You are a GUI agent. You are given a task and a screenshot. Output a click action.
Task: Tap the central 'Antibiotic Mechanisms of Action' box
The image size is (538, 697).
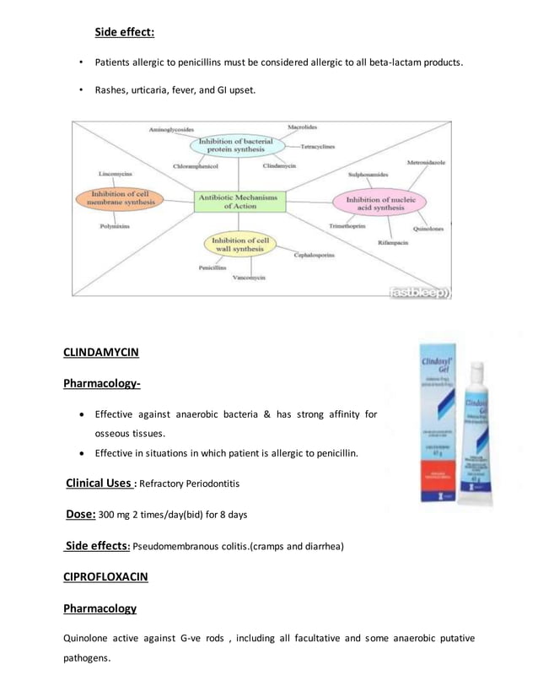point(240,200)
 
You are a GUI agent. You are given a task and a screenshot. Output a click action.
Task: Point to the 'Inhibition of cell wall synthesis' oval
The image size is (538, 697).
point(240,244)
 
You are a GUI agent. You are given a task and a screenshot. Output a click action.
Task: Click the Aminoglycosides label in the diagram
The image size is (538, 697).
point(171,130)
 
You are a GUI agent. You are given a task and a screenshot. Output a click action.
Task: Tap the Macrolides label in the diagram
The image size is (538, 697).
point(302,127)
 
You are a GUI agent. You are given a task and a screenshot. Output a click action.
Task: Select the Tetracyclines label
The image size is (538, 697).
point(317,146)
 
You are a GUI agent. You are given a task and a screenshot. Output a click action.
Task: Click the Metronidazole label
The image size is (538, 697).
point(426,161)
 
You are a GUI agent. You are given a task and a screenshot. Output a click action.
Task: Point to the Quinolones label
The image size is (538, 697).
point(428,229)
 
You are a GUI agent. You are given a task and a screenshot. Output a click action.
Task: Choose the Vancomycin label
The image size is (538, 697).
point(249,278)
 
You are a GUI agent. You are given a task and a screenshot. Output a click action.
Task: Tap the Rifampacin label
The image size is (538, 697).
point(393,242)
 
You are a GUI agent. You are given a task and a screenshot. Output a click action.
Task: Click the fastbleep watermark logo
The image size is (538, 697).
point(419,293)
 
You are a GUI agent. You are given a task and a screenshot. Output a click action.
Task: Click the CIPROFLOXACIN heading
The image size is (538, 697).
point(105,576)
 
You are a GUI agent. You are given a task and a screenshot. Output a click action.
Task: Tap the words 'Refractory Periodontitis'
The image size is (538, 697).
point(190,484)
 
